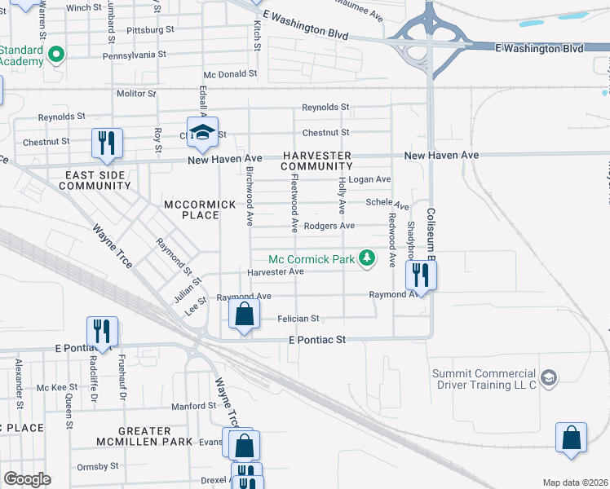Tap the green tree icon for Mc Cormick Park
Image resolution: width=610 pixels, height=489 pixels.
coord(368,258)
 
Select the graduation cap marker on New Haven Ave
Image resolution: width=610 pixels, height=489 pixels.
coord(201,131)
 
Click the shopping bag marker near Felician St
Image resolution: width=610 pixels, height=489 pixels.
coord(244,313)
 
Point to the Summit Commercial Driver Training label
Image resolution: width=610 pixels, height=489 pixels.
coord(484,378)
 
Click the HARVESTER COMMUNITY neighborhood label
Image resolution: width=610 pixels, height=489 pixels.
coord(316,161)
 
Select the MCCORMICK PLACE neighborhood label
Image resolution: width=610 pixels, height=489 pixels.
coord(192,209)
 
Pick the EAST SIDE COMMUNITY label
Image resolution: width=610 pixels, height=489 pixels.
coord(95,180)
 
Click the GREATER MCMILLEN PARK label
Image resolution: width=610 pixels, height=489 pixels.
coord(131,436)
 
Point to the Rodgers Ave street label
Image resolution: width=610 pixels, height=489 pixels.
coord(329,226)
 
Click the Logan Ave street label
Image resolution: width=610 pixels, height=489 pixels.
coord(369,179)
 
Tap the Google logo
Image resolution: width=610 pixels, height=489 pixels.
coord(27,479)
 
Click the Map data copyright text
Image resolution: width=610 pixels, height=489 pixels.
coord(576,482)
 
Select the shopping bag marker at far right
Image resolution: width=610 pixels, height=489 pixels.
coord(572,437)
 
